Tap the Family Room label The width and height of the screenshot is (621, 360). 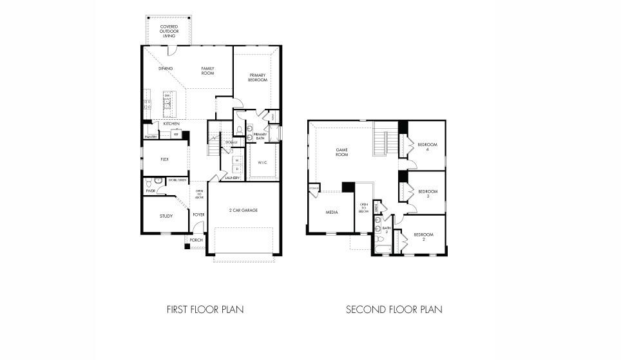coord(207,70)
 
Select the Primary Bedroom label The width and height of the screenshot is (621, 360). coord(258,77)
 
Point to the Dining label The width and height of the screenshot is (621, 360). coord(165,68)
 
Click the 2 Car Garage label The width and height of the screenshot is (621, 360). coord(244,210)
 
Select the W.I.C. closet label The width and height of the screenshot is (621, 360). coord(263,162)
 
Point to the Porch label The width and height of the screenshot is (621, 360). coord(196,240)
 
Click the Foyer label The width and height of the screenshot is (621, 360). coord(198,215)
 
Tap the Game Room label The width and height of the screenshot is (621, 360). coord(341,152)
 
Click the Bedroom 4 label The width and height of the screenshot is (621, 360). coord(427,147)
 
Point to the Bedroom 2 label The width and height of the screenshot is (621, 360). coord(423,236)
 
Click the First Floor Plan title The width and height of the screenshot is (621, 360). coord(205,310)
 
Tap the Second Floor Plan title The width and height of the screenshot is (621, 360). coord(394,310)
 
